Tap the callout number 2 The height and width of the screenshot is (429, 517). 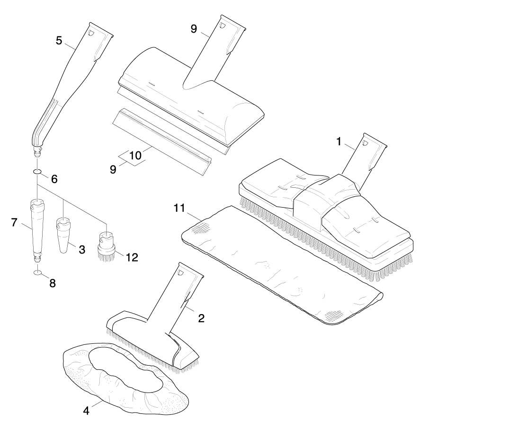click(x=201, y=318)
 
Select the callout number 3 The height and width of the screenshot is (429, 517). click(x=82, y=249)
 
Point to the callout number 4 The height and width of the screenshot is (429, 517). click(x=86, y=410)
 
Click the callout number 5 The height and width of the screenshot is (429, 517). click(x=59, y=40)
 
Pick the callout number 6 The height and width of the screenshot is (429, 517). click(x=54, y=179)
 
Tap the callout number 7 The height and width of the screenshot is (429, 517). click(x=14, y=222)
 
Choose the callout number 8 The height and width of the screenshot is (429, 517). click(x=52, y=283)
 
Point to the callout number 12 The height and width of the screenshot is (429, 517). click(x=132, y=257)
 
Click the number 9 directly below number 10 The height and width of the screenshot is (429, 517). click(x=113, y=169)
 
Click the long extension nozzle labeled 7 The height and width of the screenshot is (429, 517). click(x=37, y=227)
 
